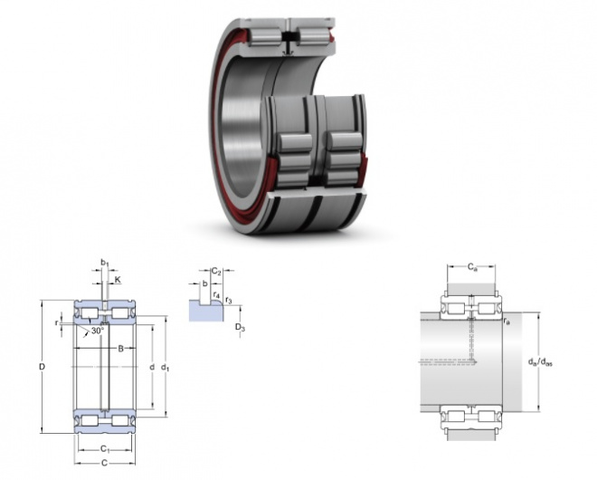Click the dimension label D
coord(43,367)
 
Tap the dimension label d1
coord(165,368)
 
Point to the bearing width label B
coord(120,348)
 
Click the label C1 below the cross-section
coord(105,449)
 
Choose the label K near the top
coord(118,280)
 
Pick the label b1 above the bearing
coord(104,263)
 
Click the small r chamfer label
coord(57,323)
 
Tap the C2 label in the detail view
coord(216,272)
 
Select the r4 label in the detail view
coord(216,294)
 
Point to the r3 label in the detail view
coord(229,300)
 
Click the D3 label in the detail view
coord(240,327)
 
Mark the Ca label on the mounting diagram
coord(472,267)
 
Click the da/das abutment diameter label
coord(540,361)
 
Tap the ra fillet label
coord(507,322)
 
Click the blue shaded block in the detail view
coord(206,311)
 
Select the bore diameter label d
coord(152,367)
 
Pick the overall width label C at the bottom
coord(104,463)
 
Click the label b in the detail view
coord(204,283)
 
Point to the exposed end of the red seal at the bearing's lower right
coord(365,167)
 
